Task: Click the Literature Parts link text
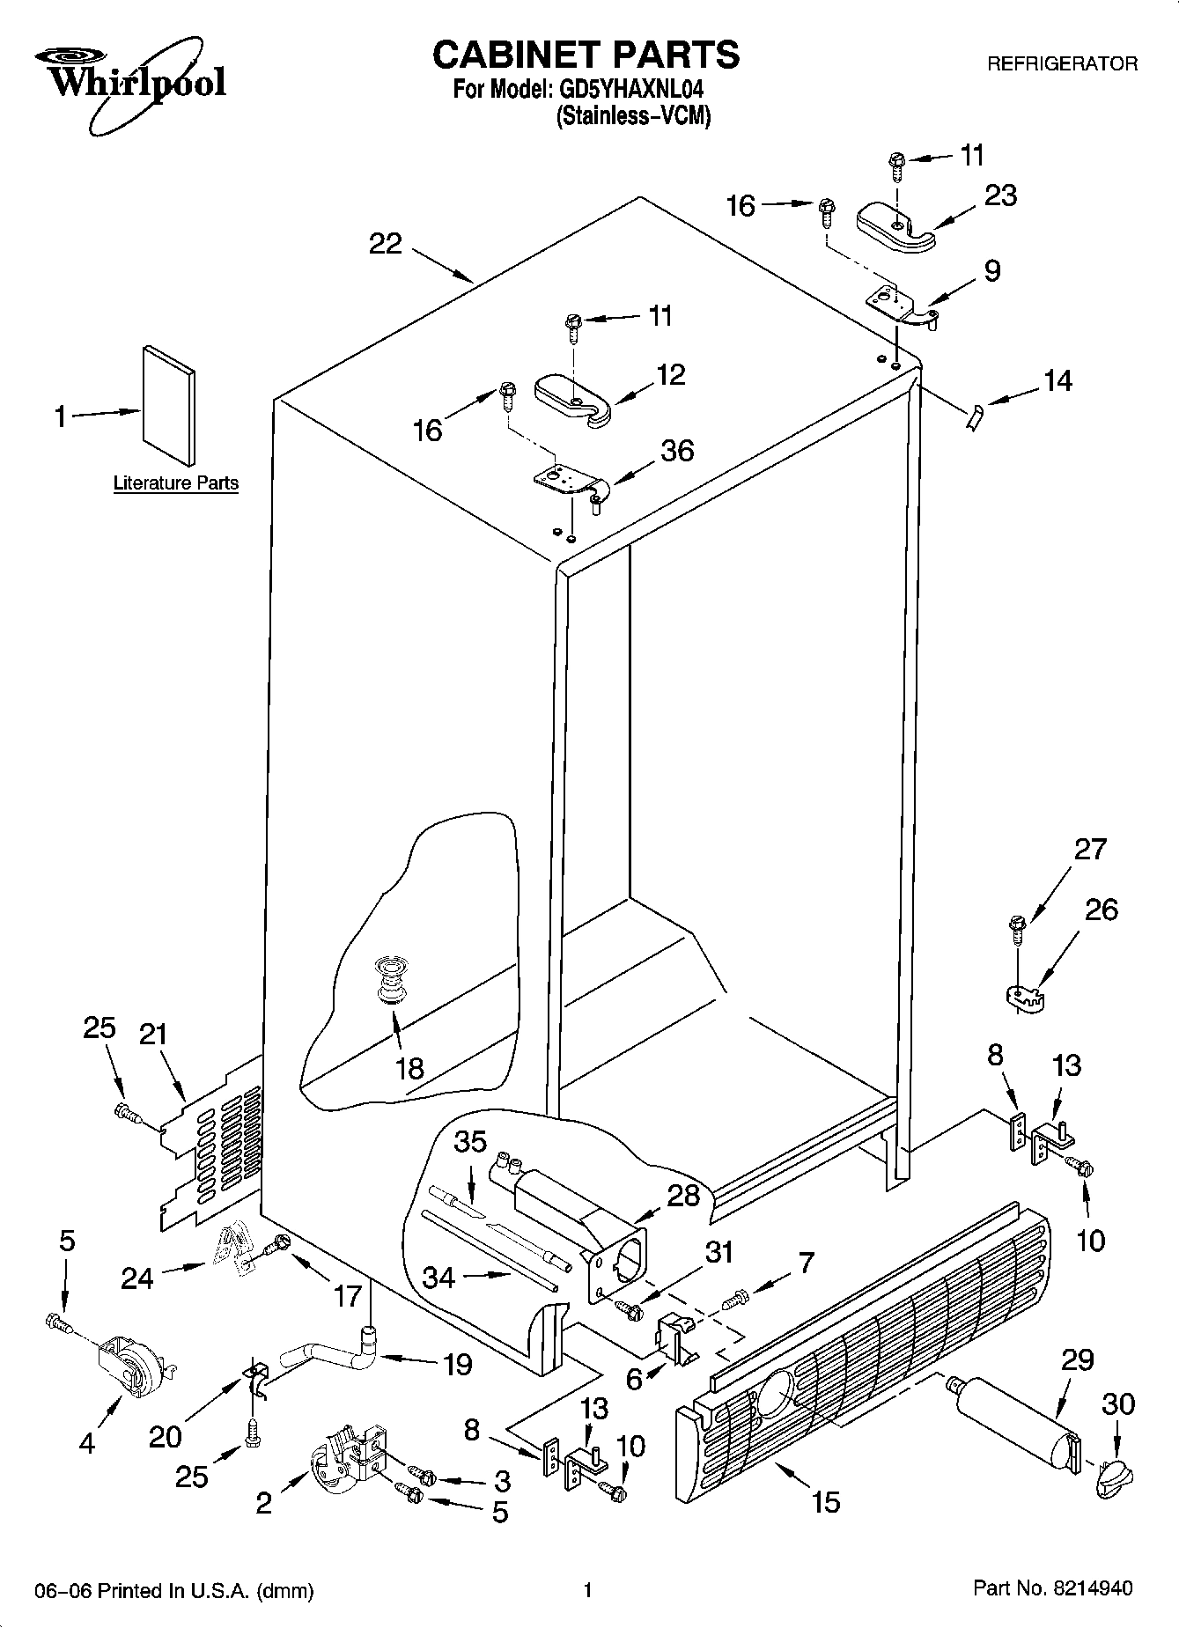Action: (x=176, y=483)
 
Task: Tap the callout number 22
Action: (x=385, y=244)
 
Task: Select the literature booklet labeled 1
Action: (x=169, y=403)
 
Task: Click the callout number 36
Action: (x=677, y=451)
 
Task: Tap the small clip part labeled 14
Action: (x=973, y=416)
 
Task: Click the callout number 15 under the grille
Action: (x=825, y=1501)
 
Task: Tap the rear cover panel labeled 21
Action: (x=211, y=1153)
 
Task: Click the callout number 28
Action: (x=683, y=1196)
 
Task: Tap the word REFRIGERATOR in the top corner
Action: (x=1062, y=63)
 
